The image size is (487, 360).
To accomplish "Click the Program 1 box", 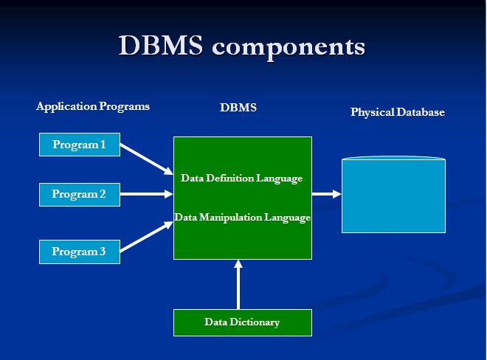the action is [80, 145].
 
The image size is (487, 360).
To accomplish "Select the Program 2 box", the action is [80, 195].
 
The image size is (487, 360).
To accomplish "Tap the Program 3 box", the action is [80, 252].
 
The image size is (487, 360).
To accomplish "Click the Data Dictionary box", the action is [243, 322].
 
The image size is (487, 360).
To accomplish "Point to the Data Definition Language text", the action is [241, 179].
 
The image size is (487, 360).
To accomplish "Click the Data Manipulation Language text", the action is [243, 218].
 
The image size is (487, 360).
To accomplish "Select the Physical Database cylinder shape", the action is [393, 195].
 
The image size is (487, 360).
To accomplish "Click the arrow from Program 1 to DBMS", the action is [146, 159].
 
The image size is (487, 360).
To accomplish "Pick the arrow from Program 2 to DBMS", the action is [147, 194].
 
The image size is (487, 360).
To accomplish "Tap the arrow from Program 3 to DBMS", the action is [146, 236].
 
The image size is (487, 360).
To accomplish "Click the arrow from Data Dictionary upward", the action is [238, 285].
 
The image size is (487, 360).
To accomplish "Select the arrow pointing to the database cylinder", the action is [327, 194].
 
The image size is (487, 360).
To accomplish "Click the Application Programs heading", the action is [93, 106].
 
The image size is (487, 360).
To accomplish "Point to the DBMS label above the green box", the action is [238, 108].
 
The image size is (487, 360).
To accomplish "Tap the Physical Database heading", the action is [398, 112].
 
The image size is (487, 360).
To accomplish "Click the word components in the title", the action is [289, 47].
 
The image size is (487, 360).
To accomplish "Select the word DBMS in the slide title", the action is [161, 45].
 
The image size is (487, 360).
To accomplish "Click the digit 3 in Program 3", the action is [103, 251].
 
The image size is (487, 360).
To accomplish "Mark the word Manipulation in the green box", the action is [230, 218].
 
